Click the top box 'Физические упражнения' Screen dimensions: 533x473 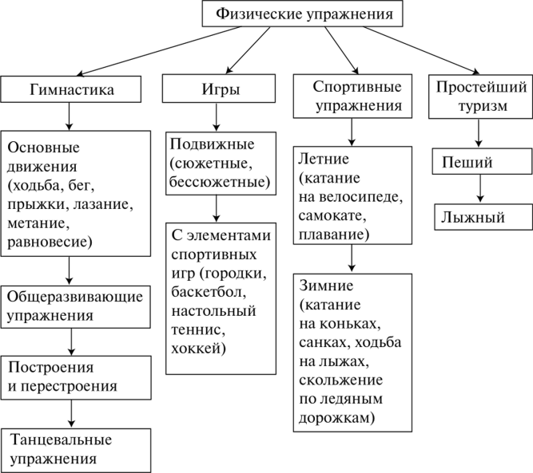coord(302,14)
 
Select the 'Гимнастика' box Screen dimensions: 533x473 coord(70,89)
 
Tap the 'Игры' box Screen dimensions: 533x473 coord(219,89)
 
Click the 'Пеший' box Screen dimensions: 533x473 coord(483,161)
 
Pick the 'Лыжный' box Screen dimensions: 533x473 coord(483,217)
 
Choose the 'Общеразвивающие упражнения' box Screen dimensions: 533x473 coord(75,307)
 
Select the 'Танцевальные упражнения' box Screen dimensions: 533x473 coord(75,450)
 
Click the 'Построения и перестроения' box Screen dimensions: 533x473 coord(76,377)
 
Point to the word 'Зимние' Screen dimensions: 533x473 coord(326,286)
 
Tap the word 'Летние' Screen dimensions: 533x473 coord(324,159)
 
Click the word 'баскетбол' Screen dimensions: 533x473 coord(209,292)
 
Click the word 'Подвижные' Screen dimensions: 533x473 coord(212,144)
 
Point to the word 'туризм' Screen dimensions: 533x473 coord(483,106)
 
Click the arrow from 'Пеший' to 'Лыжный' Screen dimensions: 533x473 coord(480,189)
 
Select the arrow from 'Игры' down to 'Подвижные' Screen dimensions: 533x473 coord(217,117)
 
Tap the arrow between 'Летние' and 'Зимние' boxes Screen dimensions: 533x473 coord(352,258)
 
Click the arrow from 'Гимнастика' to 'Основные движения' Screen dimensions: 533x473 coord(69,116)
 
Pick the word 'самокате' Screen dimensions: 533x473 coord(332,216)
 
